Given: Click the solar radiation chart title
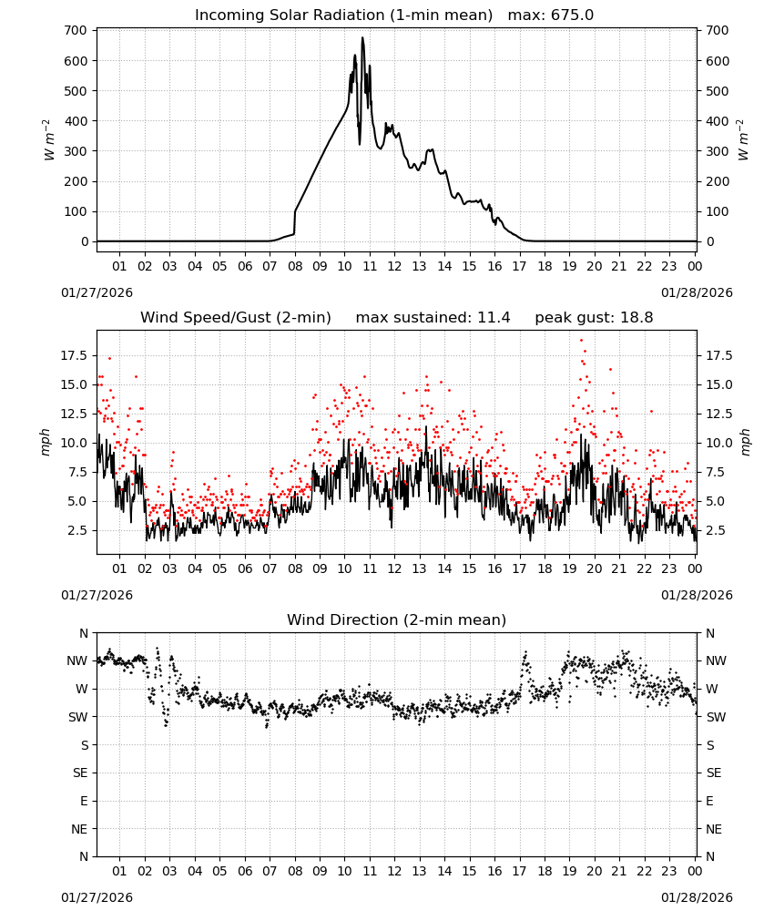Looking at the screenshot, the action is click(394, 15).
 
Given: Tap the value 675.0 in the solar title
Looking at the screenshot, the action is click(572, 15).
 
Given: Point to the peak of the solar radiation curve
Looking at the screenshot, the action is click(362, 37).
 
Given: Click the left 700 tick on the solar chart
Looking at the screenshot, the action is click(76, 30).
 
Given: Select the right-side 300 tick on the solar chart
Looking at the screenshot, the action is click(718, 151).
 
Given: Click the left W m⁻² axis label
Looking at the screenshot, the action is click(48, 139).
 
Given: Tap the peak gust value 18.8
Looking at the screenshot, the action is click(637, 317).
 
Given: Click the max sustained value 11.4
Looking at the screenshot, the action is click(494, 317).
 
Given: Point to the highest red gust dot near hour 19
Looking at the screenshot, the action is click(581, 341).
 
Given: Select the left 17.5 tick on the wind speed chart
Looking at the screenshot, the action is click(74, 355).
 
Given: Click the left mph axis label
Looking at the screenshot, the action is click(46, 442).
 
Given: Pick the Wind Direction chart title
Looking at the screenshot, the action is click(397, 619).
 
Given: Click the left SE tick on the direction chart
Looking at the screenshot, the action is click(80, 773).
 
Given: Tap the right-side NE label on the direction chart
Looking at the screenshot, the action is click(714, 829).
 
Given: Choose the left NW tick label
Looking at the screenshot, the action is click(77, 660).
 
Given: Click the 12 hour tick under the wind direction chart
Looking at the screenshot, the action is click(394, 871).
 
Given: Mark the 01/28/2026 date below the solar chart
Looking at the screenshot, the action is click(697, 292).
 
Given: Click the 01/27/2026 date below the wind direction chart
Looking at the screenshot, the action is click(97, 897).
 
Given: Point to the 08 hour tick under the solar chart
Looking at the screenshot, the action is click(295, 266).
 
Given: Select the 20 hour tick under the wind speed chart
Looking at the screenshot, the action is click(594, 568).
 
